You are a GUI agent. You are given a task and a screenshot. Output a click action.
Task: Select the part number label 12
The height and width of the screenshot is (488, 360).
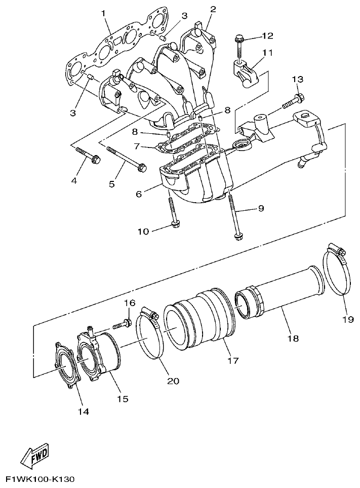tap(267, 35)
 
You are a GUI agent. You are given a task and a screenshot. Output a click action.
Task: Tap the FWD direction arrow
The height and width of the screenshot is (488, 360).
tap(33, 458)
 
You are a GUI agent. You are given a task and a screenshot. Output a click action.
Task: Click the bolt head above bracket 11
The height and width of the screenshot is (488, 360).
tap(239, 38)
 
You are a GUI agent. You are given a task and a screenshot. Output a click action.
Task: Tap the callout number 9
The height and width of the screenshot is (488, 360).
tap(261, 208)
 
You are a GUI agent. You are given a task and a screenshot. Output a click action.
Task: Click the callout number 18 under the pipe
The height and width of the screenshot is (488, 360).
tap(293, 337)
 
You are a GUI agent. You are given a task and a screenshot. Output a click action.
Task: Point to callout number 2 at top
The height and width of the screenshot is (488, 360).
tap(213, 9)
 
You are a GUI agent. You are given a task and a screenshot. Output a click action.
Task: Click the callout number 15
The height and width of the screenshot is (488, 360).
tap(123, 399)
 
